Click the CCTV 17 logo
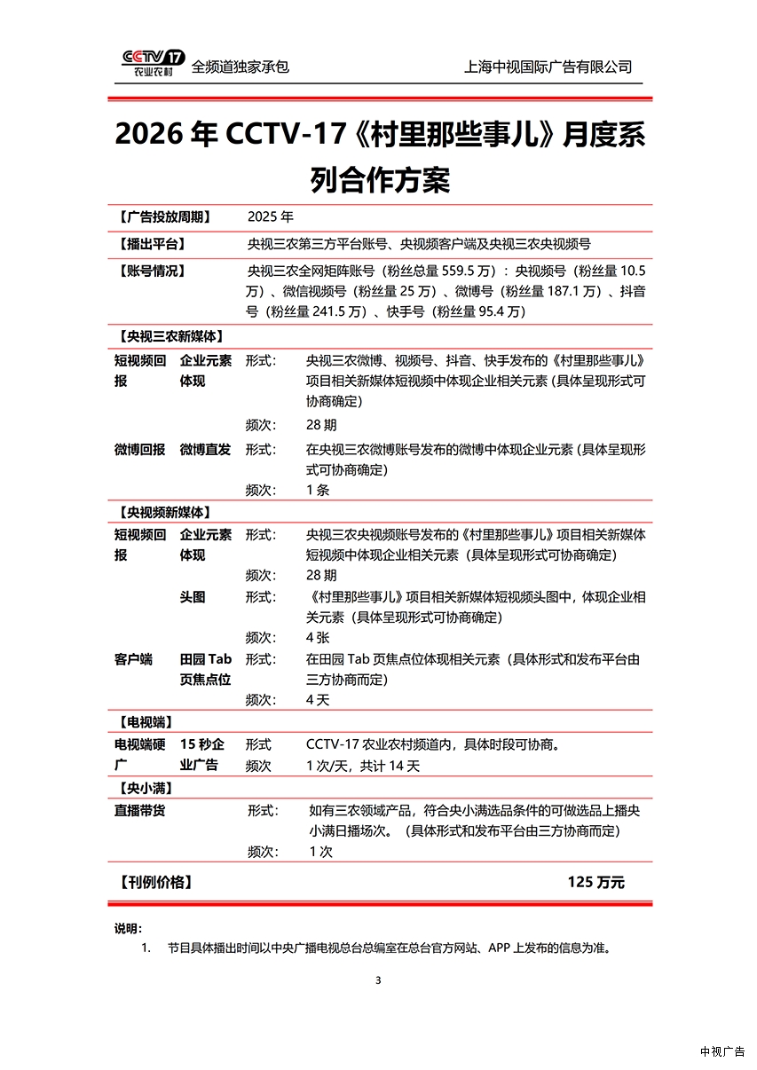(x=154, y=63)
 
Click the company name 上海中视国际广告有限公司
(x=548, y=67)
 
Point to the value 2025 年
(x=270, y=216)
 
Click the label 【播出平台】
(x=150, y=243)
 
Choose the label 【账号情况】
(x=150, y=271)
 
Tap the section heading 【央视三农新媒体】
(x=169, y=336)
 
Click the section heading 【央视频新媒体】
(x=162, y=512)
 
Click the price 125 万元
(x=596, y=882)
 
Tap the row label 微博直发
(x=205, y=450)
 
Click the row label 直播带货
(x=139, y=810)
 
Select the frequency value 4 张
(x=318, y=637)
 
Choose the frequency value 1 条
(x=318, y=490)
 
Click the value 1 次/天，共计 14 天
(x=363, y=766)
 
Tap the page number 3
(x=378, y=980)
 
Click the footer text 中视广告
(x=722, y=1051)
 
